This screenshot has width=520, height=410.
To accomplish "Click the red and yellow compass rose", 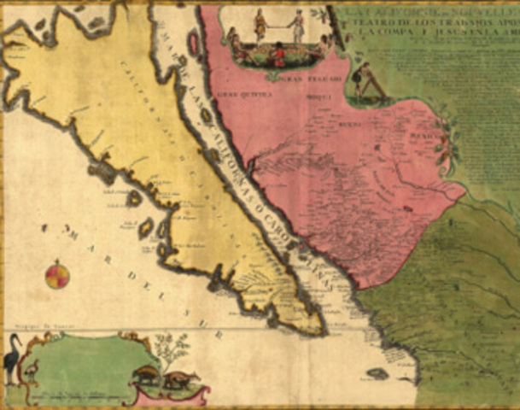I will pyautogui.click(x=57, y=275).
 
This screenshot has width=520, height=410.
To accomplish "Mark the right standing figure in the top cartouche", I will pyautogui.click(x=297, y=26).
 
